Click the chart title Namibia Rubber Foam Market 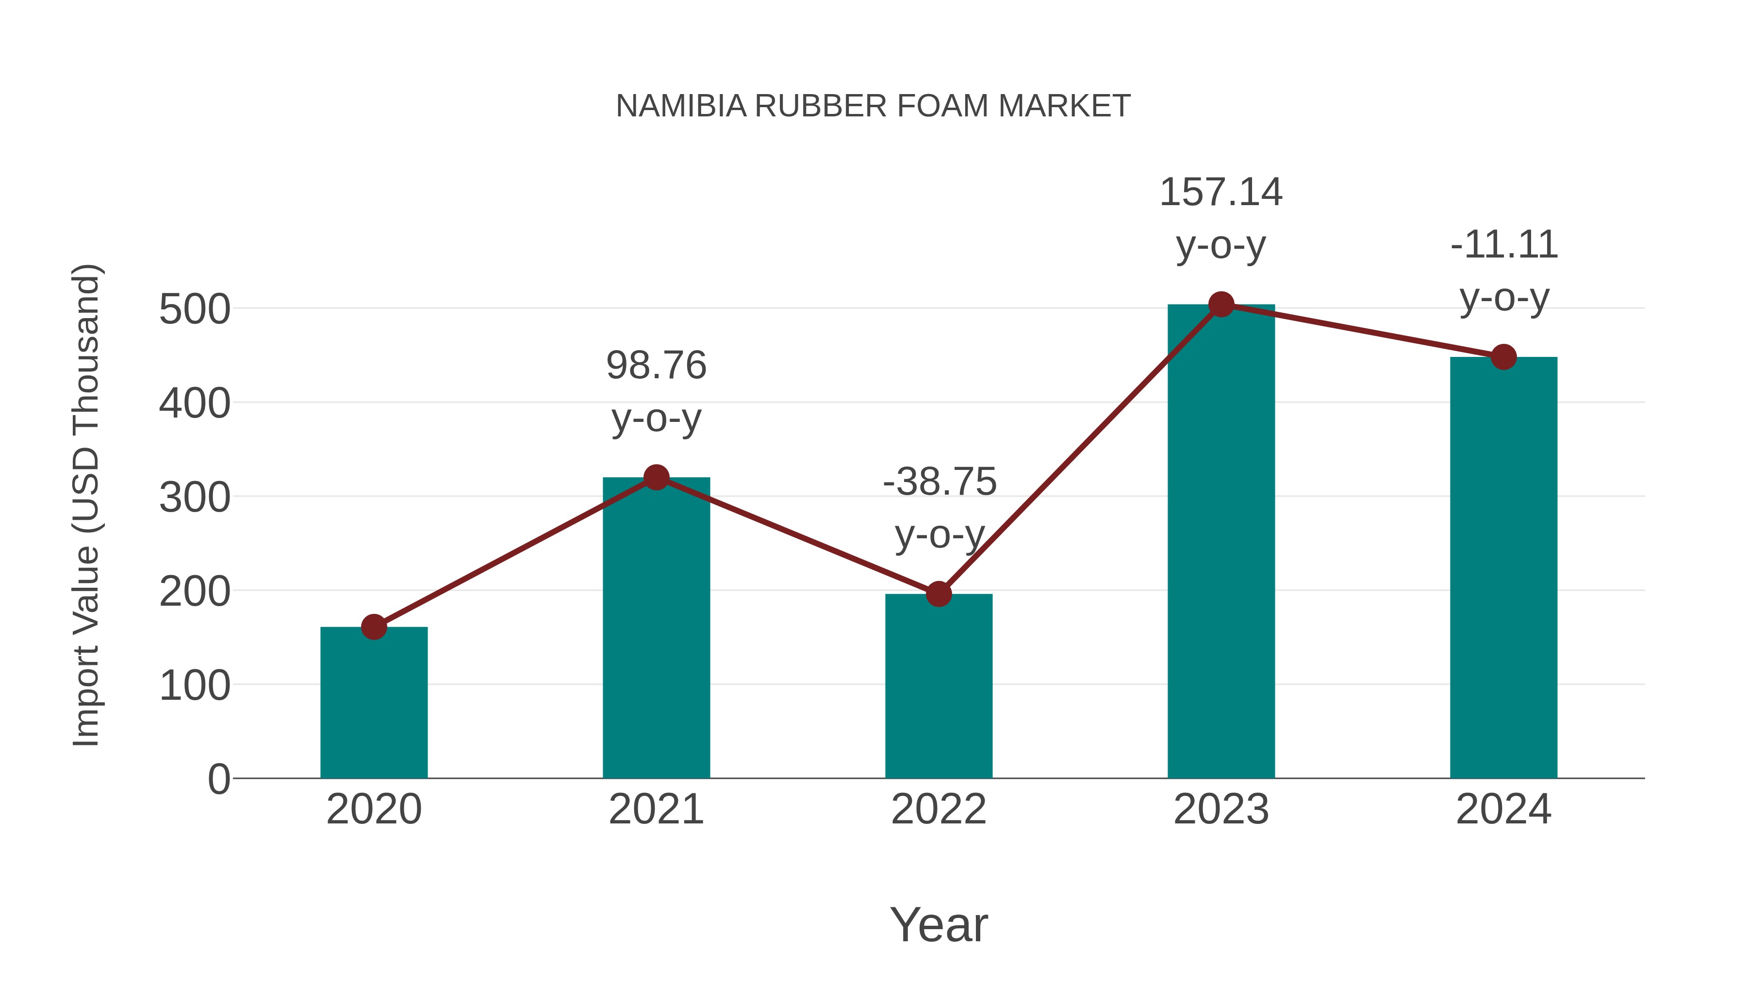pyautogui.click(x=873, y=106)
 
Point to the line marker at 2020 pyautogui.click(x=374, y=627)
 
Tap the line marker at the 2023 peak pyautogui.click(x=1221, y=305)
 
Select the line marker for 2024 pyautogui.click(x=1503, y=357)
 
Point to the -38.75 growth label pyautogui.click(x=939, y=483)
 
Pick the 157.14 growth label pyautogui.click(x=1221, y=193)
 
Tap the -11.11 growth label pyautogui.click(x=1503, y=245)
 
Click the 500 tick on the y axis pyautogui.click(x=195, y=310)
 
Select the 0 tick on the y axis pyautogui.click(x=219, y=779)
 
